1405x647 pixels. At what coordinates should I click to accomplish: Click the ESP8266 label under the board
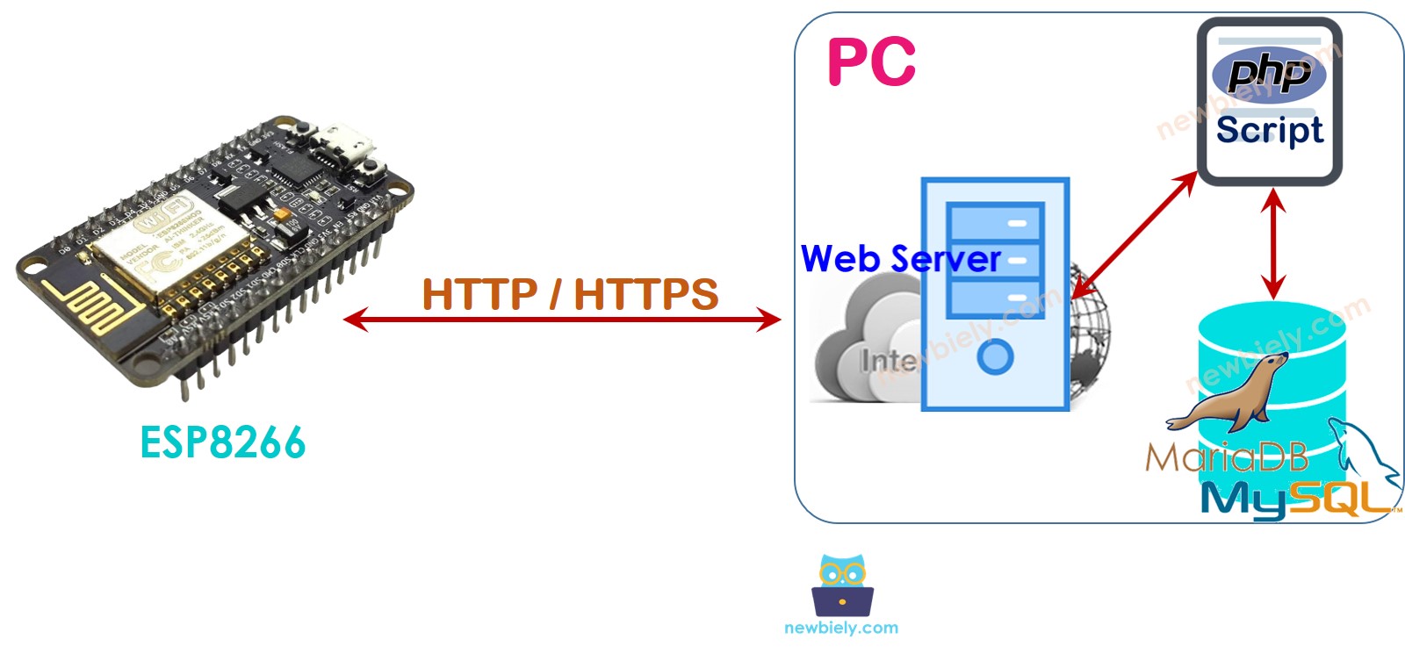pos(223,442)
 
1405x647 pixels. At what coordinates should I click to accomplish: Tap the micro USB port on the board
pos(345,146)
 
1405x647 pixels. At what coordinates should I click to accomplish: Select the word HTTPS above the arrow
pos(645,294)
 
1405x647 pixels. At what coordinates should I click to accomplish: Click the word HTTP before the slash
pos(479,294)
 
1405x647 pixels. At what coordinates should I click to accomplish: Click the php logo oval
pos(1269,74)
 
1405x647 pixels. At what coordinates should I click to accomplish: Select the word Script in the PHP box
pos(1269,130)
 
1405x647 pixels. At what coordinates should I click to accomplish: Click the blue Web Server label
pos(900,259)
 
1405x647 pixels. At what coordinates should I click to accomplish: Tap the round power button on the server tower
pos(995,356)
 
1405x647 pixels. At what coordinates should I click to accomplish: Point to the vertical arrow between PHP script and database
pos(1273,243)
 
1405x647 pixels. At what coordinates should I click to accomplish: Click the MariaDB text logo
pos(1226,457)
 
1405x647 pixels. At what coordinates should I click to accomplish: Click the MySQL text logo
pos(1291,499)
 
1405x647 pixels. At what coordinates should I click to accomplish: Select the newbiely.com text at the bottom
pos(841,628)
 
